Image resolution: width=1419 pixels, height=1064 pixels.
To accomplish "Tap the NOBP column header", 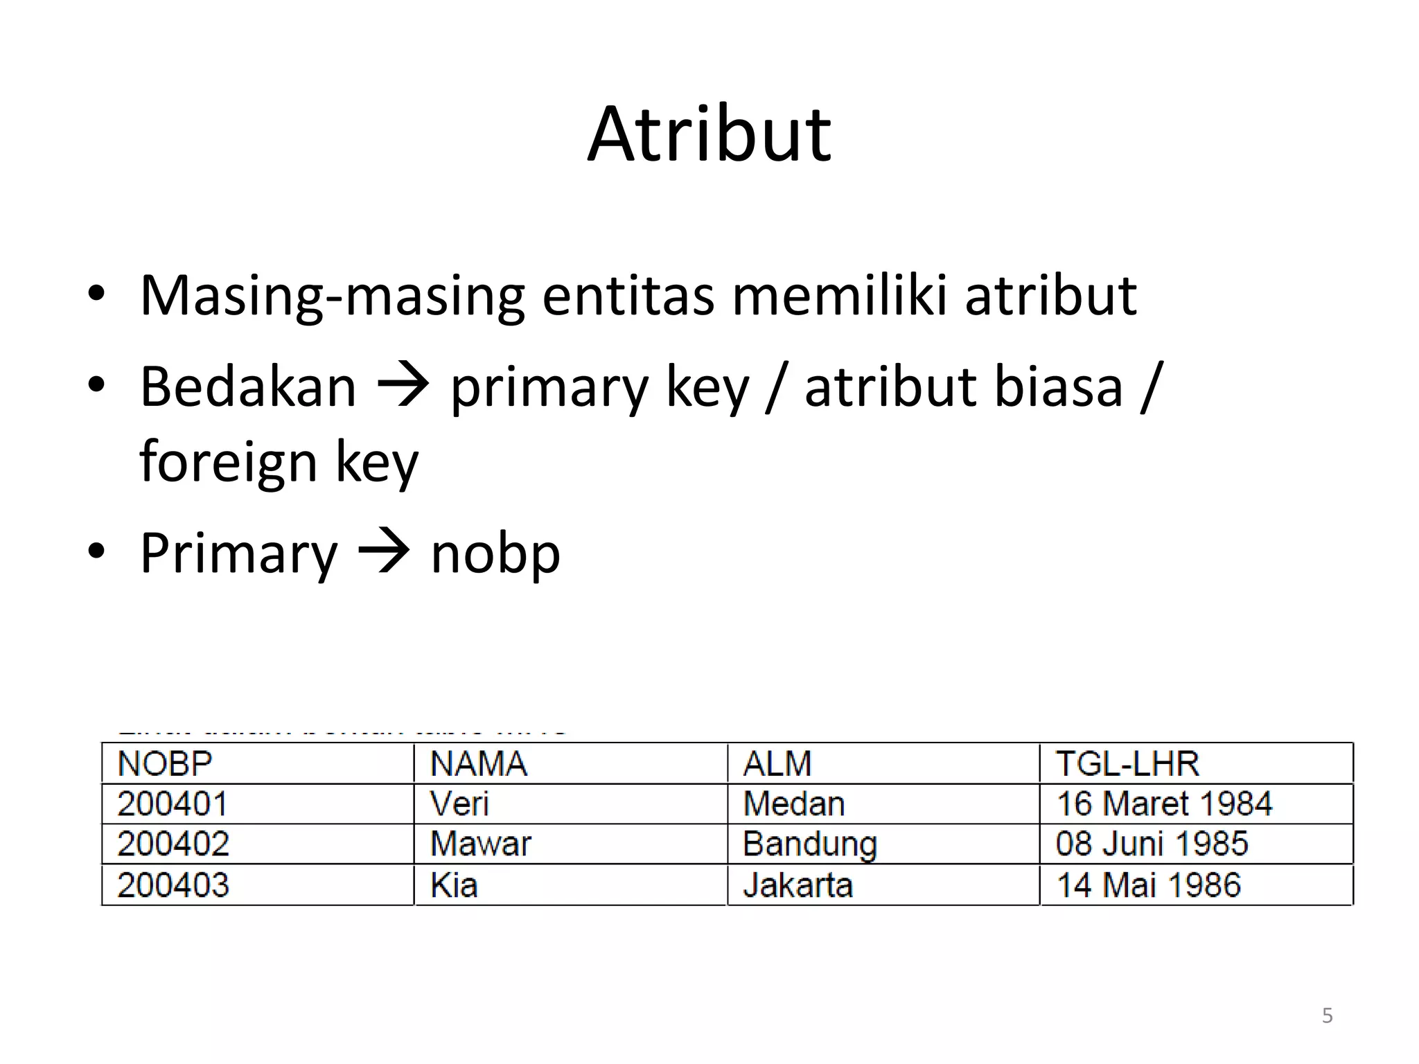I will click(x=165, y=763).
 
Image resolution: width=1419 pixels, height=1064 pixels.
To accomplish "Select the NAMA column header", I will click(x=478, y=763).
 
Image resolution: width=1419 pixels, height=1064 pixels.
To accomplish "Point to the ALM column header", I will click(x=777, y=763).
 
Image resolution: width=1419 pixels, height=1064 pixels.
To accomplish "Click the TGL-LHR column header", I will click(x=1127, y=763).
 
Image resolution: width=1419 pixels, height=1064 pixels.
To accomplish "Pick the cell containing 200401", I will click(x=173, y=804).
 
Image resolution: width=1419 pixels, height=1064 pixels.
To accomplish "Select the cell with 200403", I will click(x=173, y=885).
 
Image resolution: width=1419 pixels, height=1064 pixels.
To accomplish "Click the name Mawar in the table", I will click(x=480, y=844).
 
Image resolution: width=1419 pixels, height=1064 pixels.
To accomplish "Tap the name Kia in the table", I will click(x=454, y=885).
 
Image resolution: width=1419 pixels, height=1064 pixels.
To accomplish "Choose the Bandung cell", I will click(x=809, y=844).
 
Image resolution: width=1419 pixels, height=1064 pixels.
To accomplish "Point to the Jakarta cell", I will click(x=797, y=885).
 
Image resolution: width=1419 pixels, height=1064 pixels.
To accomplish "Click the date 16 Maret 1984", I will click(x=1164, y=804).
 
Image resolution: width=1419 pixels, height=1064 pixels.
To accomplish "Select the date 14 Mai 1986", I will click(x=1148, y=885).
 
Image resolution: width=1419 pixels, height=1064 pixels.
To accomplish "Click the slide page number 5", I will click(x=1327, y=1016).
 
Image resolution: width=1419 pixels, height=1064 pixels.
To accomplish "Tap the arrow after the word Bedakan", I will click(x=403, y=387).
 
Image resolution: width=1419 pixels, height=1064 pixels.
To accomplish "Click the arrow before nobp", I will click(x=384, y=553).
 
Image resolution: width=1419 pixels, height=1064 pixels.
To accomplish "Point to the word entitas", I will click(x=627, y=296).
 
